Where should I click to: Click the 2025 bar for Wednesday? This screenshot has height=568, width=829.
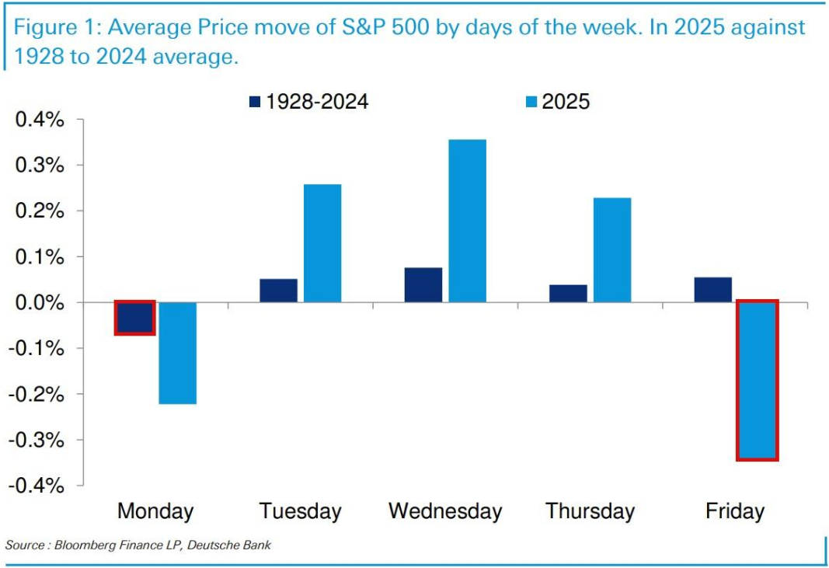pyautogui.click(x=467, y=221)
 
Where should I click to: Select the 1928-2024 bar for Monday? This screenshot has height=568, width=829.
pyautogui.click(x=134, y=318)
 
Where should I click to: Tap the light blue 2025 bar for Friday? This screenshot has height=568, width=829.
pyautogui.click(x=757, y=380)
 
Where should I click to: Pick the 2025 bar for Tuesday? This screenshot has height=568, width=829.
pyautogui.click(x=322, y=243)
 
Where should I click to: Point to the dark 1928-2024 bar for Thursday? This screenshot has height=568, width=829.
pyautogui.click(x=568, y=293)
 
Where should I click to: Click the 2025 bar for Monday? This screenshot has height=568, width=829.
pyautogui.click(x=177, y=353)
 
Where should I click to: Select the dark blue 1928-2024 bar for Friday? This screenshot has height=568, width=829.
pyautogui.click(x=712, y=289)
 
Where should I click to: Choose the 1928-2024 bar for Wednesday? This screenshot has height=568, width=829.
pyautogui.click(x=423, y=284)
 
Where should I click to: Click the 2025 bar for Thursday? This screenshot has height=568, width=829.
pyautogui.click(x=612, y=249)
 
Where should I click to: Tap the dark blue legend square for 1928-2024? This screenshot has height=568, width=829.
pyautogui.click(x=255, y=102)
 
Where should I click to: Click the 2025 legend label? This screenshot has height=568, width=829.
pyautogui.click(x=566, y=102)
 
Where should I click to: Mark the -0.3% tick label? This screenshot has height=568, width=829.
pyautogui.click(x=37, y=440)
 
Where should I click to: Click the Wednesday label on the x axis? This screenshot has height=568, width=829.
pyautogui.click(x=445, y=511)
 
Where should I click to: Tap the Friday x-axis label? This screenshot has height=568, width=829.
pyautogui.click(x=734, y=511)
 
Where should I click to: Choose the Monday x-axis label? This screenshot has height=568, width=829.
pyautogui.click(x=155, y=511)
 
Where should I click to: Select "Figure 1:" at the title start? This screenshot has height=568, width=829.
pyautogui.click(x=57, y=29)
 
